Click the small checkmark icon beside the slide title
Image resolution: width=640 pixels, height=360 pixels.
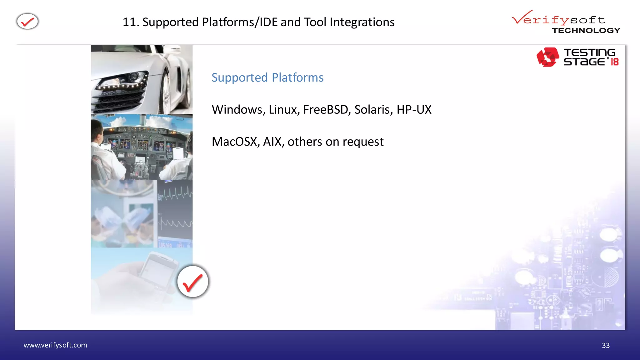coord(27,22)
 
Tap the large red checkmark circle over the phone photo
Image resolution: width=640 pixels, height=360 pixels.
coord(192,282)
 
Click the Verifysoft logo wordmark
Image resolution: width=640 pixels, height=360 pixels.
coord(558,19)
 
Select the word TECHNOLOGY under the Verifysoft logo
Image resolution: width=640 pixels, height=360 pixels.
coord(586,31)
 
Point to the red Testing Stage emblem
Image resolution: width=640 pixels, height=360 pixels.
coord(547,57)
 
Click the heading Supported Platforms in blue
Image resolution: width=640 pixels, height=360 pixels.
coord(267,77)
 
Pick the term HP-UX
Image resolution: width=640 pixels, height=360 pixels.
coord(414,110)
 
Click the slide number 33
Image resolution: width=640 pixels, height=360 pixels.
coord(606,345)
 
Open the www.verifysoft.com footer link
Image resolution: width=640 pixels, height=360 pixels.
coord(55,345)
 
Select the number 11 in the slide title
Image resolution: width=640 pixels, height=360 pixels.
coord(129,22)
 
